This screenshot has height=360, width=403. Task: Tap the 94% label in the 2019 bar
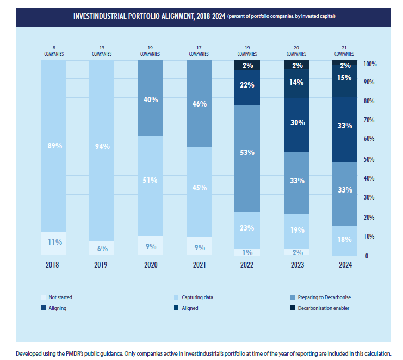[x=102, y=146]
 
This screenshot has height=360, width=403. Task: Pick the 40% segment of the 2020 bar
[x=151, y=100]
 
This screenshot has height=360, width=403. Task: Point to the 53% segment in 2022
[x=247, y=153]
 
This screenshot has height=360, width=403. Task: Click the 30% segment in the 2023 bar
[x=297, y=123]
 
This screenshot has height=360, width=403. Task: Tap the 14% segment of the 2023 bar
[x=297, y=83]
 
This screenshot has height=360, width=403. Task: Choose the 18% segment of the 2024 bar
[x=345, y=240]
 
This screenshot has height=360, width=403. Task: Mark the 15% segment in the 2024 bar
[x=345, y=78]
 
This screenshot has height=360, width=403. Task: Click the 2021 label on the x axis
[x=199, y=265]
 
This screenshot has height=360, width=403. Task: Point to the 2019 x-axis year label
[x=102, y=265]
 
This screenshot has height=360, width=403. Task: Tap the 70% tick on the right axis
[x=370, y=120]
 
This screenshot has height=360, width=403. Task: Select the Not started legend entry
[x=60, y=297]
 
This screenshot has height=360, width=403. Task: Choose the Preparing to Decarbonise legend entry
[x=320, y=297]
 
